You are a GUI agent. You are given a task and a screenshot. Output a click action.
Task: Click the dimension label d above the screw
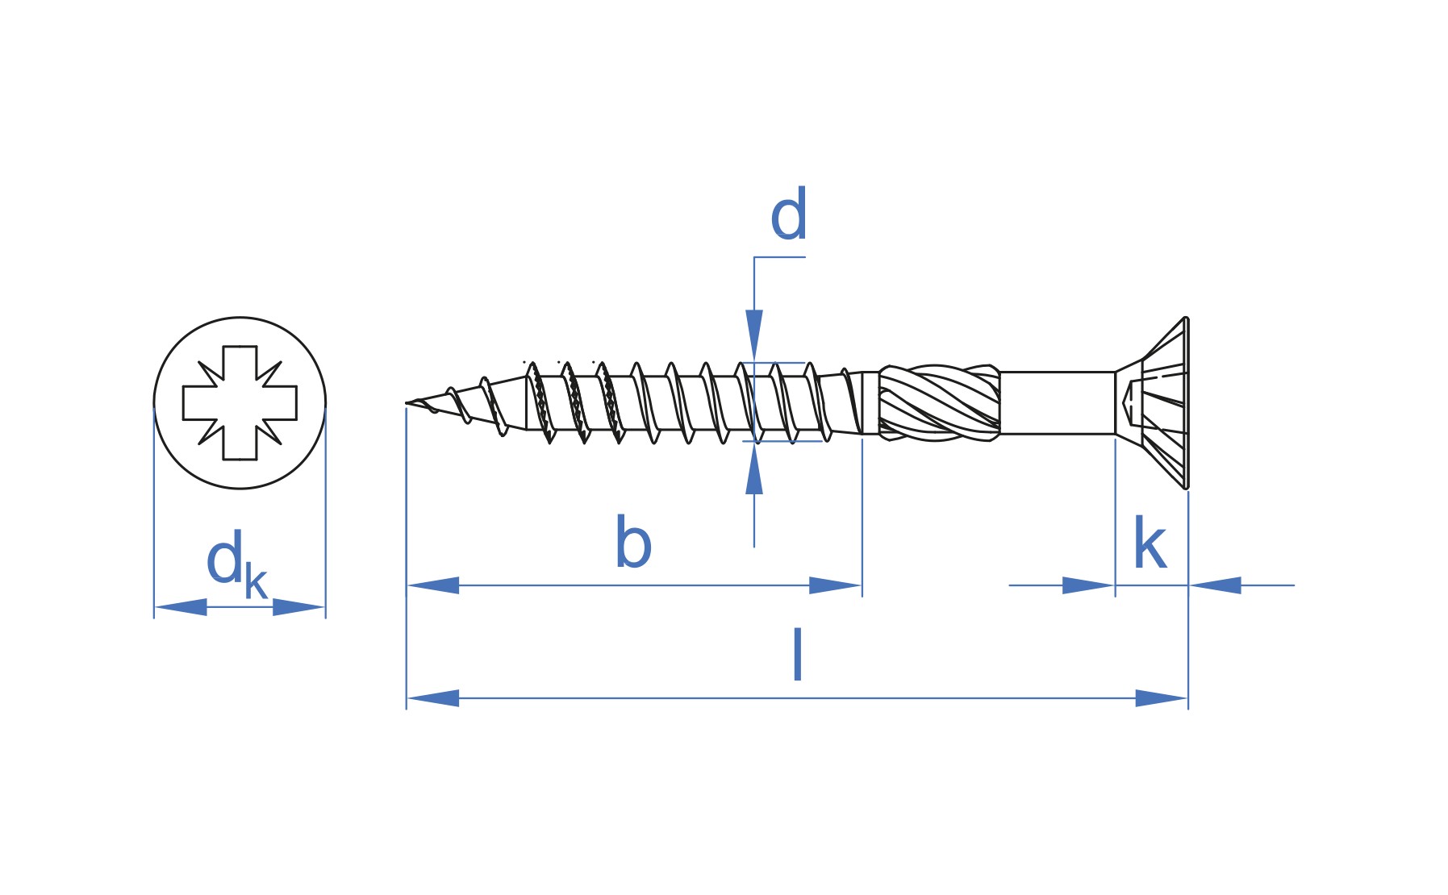tap(788, 214)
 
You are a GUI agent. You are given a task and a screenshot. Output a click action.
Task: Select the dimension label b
tap(633, 542)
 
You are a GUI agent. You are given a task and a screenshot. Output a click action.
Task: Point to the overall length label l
tap(797, 654)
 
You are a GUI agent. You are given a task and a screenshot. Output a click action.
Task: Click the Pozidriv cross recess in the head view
tap(240, 403)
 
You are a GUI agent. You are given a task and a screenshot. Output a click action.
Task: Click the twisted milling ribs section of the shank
tap(939, 403)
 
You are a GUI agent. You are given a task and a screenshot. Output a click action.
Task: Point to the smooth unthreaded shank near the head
tap(1058, 403)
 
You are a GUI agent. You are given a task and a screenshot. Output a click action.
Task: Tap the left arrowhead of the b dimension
tap(433, 585)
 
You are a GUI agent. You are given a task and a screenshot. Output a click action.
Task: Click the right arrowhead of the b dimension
tap(836, 585)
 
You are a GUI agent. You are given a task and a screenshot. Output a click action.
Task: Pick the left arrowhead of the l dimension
tap(433, 698)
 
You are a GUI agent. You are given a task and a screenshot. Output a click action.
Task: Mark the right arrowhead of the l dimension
tap(1162, 698)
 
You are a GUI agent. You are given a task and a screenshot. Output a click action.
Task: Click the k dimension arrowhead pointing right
tap(1088, 585)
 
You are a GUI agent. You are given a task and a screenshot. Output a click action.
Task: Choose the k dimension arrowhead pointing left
tap(1215, 585)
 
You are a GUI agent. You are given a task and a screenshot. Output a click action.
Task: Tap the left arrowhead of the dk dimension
tap(181, 607)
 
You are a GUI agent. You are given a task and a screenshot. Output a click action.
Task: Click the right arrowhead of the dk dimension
tap(298, 607)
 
